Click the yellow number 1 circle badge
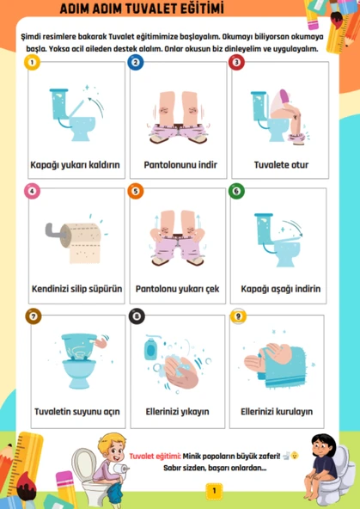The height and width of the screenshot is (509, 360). click(x=32, y=62)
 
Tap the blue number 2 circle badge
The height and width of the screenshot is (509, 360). click(x=136, y=62)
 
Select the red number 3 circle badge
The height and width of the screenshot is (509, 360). click(x=237, y=62)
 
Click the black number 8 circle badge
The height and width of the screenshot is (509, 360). click(x=137, y=316)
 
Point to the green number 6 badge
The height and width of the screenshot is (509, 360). click(x=236, y=191)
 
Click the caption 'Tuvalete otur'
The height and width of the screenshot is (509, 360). click(x=281, y=165)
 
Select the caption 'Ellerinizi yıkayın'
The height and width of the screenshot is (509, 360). click(x=177, y=412)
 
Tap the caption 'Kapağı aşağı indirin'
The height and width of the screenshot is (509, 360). click(x=281, y=289)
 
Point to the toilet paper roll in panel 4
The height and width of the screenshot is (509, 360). click(x=81, y=242)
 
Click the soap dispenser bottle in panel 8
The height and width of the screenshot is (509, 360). click(x=150, y=348)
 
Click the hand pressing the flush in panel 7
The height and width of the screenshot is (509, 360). click(x=102, y=342)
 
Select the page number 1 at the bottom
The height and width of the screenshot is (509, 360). click(x=214, y=491)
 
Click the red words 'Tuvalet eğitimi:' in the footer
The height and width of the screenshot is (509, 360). click(x=155, y=456)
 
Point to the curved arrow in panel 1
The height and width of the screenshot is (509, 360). click(x=98, y=101)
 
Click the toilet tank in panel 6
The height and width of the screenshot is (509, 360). click(x=264, y=229)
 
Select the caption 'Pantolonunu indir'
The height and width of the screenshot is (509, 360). click(x=180, y=165)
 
